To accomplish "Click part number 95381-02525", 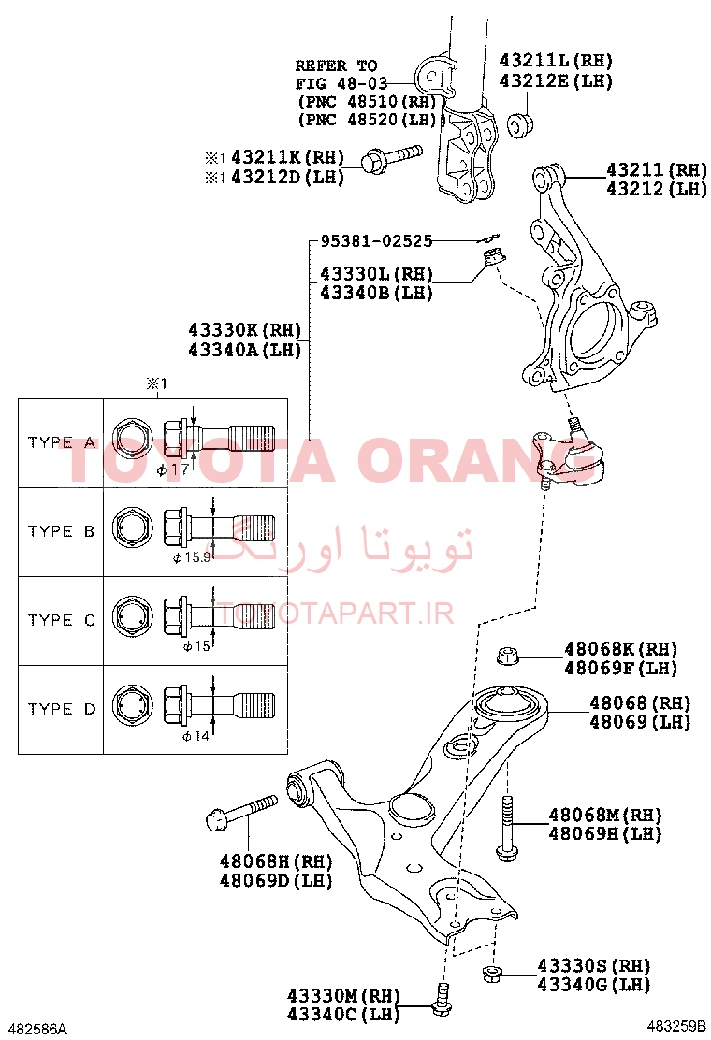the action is [377, 240].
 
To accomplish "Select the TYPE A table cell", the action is [61, 443].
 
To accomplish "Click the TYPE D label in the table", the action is [62, 709].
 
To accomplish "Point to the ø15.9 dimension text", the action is [193, 557].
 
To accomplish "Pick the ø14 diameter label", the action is [196, 735].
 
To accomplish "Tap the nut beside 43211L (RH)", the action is [521, 124].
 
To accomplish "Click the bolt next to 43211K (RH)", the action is [391, 158].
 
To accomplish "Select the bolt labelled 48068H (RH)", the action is [241, 813].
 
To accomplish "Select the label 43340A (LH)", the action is [245, 350].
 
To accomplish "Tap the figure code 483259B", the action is [676, 1025].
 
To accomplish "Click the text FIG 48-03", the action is [337, 83].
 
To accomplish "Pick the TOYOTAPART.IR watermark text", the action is [335, 614].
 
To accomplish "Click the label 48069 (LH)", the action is [640, 721].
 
